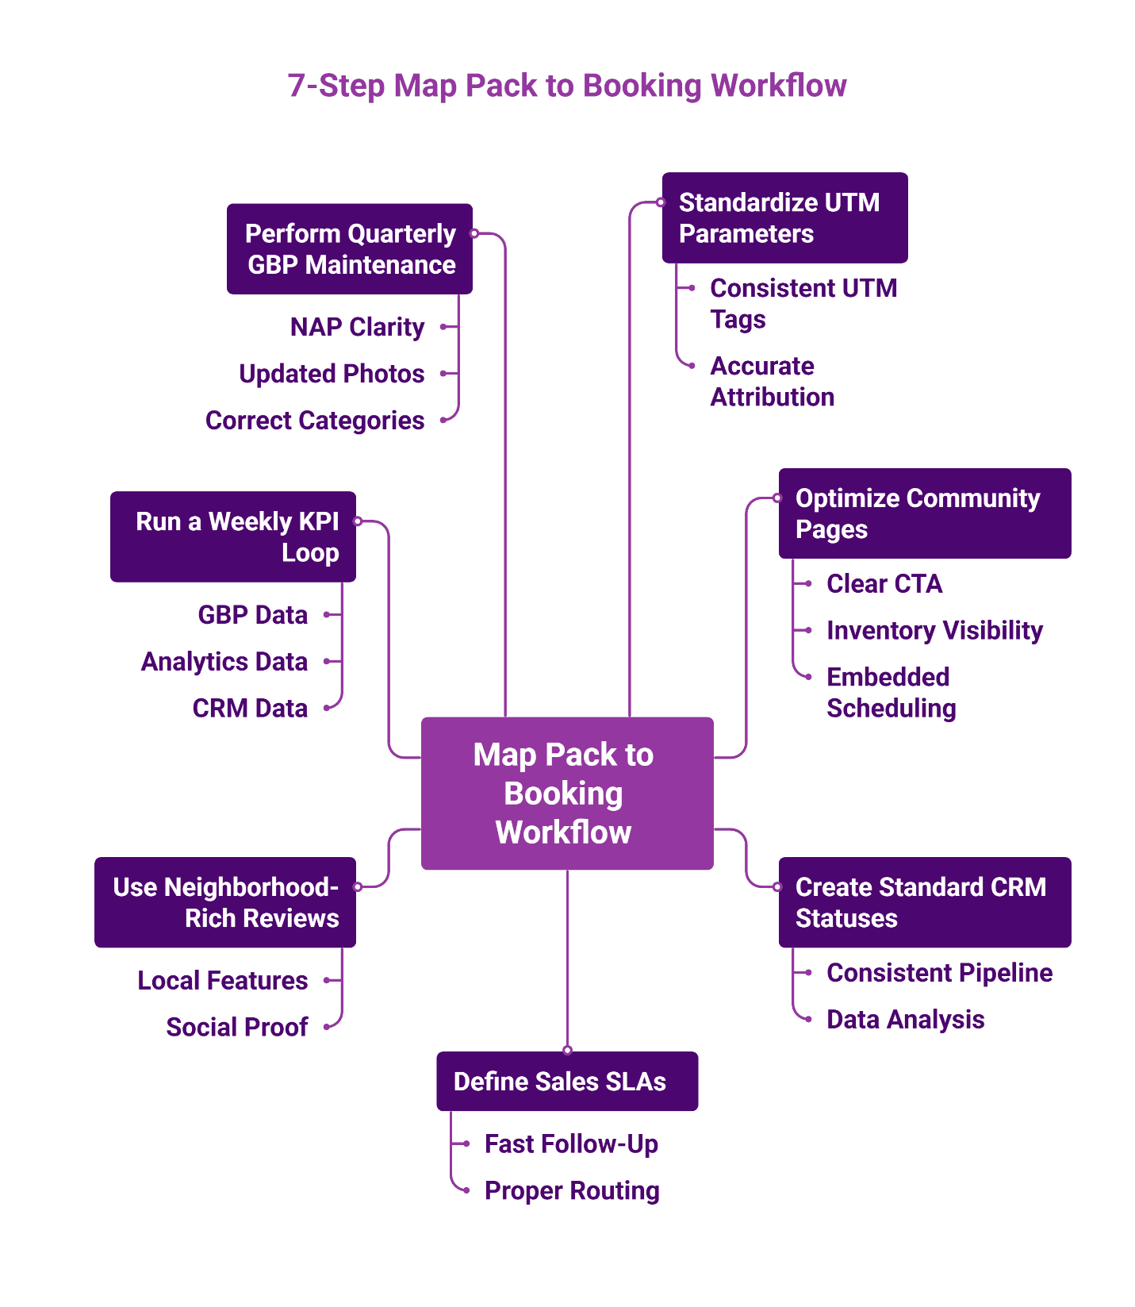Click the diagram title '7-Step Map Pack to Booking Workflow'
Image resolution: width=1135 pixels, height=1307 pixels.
click(x=566, y=86)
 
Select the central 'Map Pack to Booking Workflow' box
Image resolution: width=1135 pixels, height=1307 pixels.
click(x=566, y=793)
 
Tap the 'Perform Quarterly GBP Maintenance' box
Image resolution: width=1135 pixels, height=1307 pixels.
click(x=349, y=249)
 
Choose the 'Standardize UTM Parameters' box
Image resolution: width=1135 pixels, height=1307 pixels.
click(x=784, y=218)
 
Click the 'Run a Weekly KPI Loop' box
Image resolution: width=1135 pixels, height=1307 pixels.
click(x=232, y=536)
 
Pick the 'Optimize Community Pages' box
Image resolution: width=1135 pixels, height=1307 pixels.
click(x=924, y=513)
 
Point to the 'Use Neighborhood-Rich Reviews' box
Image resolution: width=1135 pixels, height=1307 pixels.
click(x=224, y=902)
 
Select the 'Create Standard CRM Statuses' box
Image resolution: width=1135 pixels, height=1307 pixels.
click(x=924, y=902)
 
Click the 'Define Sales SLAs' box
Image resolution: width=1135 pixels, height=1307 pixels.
click(x=566, y=1081)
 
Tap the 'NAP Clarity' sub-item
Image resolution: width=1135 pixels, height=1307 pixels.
click(x=357, y=327)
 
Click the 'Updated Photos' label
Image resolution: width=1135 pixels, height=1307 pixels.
click(x=332, y=374)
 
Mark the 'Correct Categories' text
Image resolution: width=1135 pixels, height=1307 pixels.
click(x=315, y=421)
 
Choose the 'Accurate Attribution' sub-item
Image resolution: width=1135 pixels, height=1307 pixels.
click(x=771, y=381)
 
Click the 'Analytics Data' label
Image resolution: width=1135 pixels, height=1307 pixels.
click(x=224, y=661)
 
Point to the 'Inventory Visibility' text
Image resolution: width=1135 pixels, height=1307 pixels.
click(x=934, y=630)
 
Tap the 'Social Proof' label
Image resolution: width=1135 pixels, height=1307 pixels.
click(x=236, y=1027)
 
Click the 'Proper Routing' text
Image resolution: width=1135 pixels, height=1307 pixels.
click(x=571, y=1190)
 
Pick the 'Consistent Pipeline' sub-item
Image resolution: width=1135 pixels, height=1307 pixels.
click(x=939, y=973)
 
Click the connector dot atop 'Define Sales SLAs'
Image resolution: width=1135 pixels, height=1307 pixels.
click(x=567, y=1050)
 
